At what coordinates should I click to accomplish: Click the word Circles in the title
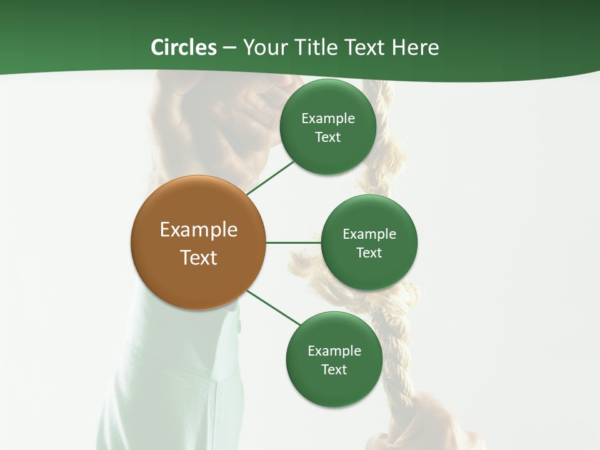184,47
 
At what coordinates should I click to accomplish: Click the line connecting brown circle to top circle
270,177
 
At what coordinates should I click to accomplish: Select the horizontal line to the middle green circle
293,242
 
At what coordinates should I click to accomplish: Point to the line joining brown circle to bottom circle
273,307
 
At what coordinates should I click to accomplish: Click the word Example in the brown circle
198,229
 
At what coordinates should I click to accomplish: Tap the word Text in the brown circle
198,257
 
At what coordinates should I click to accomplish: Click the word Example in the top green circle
327,118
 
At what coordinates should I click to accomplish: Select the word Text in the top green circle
327,137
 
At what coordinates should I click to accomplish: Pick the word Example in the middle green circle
369,234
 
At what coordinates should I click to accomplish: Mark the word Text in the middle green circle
369,252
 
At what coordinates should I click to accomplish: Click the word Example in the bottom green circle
334,351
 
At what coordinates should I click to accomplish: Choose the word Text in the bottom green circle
334,369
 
